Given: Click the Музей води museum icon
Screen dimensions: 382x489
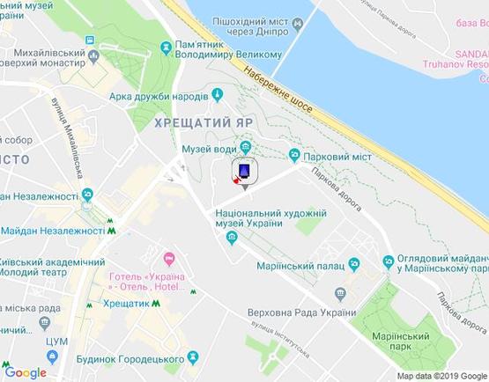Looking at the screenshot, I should (246, 148).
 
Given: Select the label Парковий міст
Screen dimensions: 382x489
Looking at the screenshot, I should (336, 156).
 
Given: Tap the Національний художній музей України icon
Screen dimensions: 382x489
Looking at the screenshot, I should (231, 238).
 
